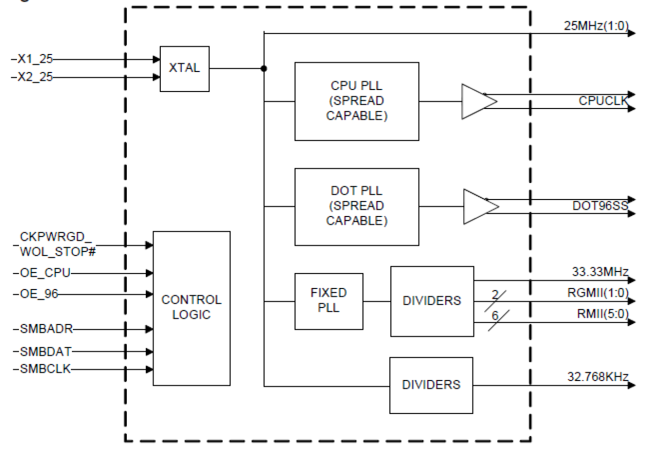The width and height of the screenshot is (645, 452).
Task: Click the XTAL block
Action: coord(184,68)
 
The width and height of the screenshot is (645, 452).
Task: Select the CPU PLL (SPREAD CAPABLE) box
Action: coord(356,101)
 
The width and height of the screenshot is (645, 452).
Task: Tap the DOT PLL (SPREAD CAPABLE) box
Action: coord(356,206)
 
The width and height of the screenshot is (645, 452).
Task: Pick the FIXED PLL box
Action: coord(329,301)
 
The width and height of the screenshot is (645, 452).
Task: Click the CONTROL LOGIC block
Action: coord(191,308)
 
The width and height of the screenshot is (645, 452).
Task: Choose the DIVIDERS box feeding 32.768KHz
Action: coord(431,385)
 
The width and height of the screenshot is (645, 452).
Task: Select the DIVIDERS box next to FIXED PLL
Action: coord(431,301)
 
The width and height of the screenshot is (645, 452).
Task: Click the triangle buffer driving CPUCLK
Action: coord(478,102)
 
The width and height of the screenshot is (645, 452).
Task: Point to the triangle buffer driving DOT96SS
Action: coord(480,207)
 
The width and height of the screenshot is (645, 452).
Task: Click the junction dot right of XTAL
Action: coord(263,68)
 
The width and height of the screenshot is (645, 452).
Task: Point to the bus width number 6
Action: coord(495,315)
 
